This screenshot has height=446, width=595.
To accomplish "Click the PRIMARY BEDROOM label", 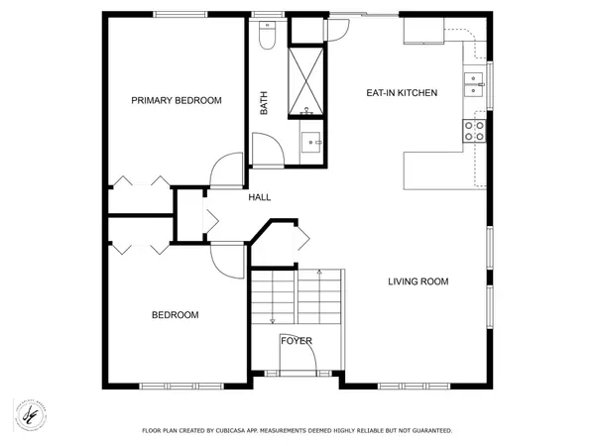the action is tap(177, 100).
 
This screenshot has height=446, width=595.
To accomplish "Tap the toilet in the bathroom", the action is tap(267, 35).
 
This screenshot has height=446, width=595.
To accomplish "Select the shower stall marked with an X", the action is tap(305, 80).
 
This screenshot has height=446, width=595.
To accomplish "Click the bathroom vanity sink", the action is tap(311, 142).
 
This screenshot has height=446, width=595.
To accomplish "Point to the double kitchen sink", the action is tap(474, 84).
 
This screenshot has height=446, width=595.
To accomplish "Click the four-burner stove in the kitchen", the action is tap(474, 131).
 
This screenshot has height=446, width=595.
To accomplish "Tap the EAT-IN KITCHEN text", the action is tap(402, 93).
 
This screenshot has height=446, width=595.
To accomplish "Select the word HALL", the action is tap(260, 197).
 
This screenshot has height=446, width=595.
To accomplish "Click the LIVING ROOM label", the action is tap(418, 281).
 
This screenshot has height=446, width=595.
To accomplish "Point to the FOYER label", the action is tap(297, 341).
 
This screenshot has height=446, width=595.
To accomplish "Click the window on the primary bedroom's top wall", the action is tap(180, 15).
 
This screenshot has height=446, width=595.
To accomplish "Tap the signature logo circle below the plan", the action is tap(30, 415).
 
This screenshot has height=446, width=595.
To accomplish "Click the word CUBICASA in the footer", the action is tap(230, 431).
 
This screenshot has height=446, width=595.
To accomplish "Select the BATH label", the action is tap(264, 103).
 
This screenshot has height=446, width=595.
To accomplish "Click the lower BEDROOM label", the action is tap(175, 315).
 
